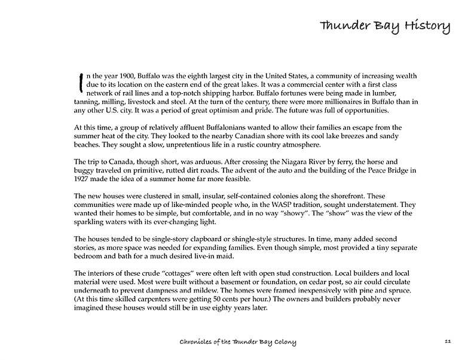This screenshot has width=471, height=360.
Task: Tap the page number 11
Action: tap(448, 341)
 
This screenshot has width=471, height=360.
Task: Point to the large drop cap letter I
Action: tap(80, 83)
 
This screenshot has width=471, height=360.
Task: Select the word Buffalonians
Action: tap(210, 127)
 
